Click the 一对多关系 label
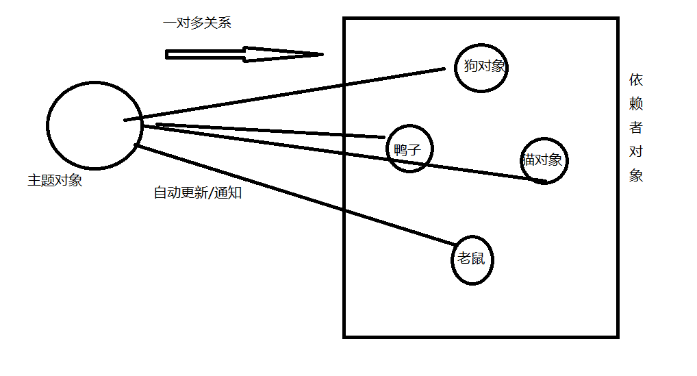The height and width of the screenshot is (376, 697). coord(197,23)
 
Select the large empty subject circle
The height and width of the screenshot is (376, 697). coord(94,125)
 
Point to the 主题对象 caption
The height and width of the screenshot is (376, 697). coord(55,181)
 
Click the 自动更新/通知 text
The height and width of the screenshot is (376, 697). coord(197,193)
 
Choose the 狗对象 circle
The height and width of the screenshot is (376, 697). coord(482,66)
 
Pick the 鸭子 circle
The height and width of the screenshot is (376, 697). coord(409,149)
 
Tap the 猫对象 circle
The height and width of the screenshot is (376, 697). coord(544,161)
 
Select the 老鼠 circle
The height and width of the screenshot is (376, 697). coord(472,260)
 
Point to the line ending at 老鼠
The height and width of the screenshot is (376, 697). coord(294,195)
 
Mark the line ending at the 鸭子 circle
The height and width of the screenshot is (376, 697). coord(274,131)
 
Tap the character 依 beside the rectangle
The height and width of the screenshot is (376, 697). coord(636,80)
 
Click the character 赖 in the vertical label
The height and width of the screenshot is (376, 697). coord(636,104)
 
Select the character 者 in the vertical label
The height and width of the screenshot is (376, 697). coord(636,127)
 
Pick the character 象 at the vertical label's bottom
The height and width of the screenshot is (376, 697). coord(636,175)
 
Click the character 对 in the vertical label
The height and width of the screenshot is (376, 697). coord(636,151)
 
